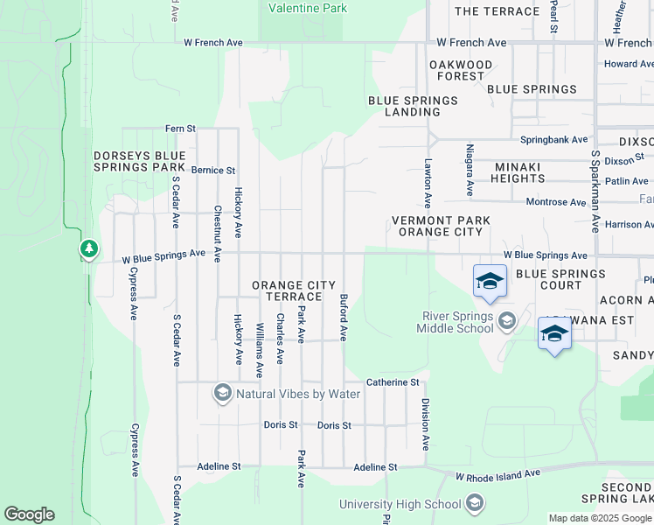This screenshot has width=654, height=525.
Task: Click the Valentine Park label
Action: click(x=307, y=9)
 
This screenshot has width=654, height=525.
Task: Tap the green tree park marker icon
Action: click(x=88, y=249)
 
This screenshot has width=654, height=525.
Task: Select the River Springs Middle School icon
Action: click(x=506, y=322)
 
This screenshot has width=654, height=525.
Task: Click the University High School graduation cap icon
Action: click(x=474, y=503)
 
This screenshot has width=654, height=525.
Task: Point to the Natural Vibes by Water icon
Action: click(x=223, y=394)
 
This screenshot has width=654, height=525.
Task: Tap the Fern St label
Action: click(x=180, y=129)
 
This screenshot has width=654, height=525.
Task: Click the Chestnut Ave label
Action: click(x=218, y=234)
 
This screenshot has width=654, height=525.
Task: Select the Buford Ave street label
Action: click(x=344, y=317)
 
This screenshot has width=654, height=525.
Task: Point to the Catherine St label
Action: click(x=393, y=382)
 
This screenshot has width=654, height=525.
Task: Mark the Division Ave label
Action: click(x=426, y=424)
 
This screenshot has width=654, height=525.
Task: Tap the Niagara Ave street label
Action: click(x=470, y=170)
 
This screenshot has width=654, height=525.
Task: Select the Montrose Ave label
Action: click(x=555, y=202)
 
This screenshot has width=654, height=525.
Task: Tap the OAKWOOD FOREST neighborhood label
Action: click(x=461, y=71)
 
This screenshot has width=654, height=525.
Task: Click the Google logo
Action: click(x=29, y=514)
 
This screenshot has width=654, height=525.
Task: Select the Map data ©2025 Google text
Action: click(x=599, y=518)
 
